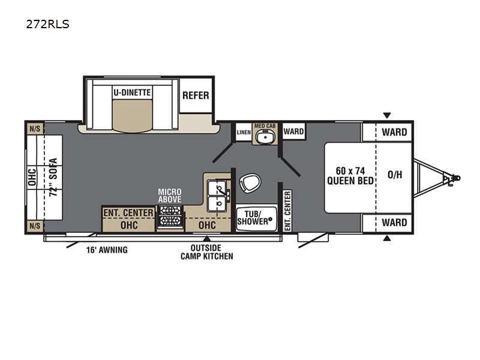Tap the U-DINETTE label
tap(132, 93)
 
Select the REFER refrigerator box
tap(196, 95)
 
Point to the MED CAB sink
tap(264, 136)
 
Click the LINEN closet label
tap(243, 131)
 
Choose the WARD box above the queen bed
tap(394, 132)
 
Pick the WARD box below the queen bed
tap(394, 223)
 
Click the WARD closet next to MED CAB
tap(293, 131)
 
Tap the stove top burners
tap(170, 217)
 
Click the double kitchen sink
tap(217, 196)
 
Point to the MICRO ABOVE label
tap(169, 196)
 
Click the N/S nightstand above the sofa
tap(34, 128)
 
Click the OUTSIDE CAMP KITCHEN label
tap(207, 252)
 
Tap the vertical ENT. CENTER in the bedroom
tap(287, 210)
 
